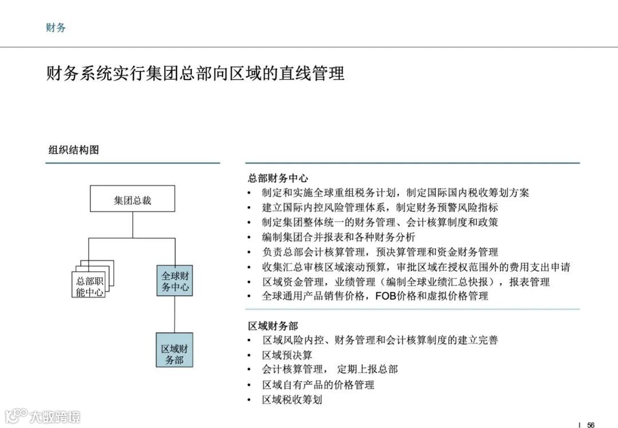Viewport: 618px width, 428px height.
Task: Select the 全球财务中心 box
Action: pyautogui.click(x=175, y=280)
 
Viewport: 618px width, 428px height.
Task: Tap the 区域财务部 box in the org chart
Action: pyautogui.click(x=175, y=349)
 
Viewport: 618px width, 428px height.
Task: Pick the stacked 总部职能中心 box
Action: pyautogui.click(x=90, y=286)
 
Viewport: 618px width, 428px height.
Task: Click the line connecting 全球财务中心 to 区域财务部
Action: pyautogui.click(x=175, y=314)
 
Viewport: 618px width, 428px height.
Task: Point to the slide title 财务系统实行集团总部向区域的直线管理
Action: pyautogui.click(x=195, y=74)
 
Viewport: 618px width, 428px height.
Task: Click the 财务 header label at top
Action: pyautogui.click(x=56, y=27)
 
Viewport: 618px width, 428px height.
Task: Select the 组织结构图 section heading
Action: pyautogui.click(x=73, y=150)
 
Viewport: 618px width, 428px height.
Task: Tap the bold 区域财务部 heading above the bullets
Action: pyautogui.click(x=273, y=326)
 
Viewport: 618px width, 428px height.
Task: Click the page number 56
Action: pyautogui.click(x=591, y=425)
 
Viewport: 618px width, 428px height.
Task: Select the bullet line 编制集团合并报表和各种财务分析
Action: pyautogui.click(x=339, y=237)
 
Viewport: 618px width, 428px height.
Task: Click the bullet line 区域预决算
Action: pyautogui.click(x=287, y=355)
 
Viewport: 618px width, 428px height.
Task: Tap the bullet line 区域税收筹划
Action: pyautogui.click(x=292, y=399)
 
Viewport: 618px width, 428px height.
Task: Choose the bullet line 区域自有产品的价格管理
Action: pyautogui.click(x=318, y=385)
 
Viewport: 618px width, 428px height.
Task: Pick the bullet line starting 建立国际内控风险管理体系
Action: pyautogui.click(x=380, y=207)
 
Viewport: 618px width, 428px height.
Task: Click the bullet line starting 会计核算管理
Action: pyautogui.click(x=330, y=370)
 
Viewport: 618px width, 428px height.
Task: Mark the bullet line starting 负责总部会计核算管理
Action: pyautogui.click(x=380, y=252)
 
